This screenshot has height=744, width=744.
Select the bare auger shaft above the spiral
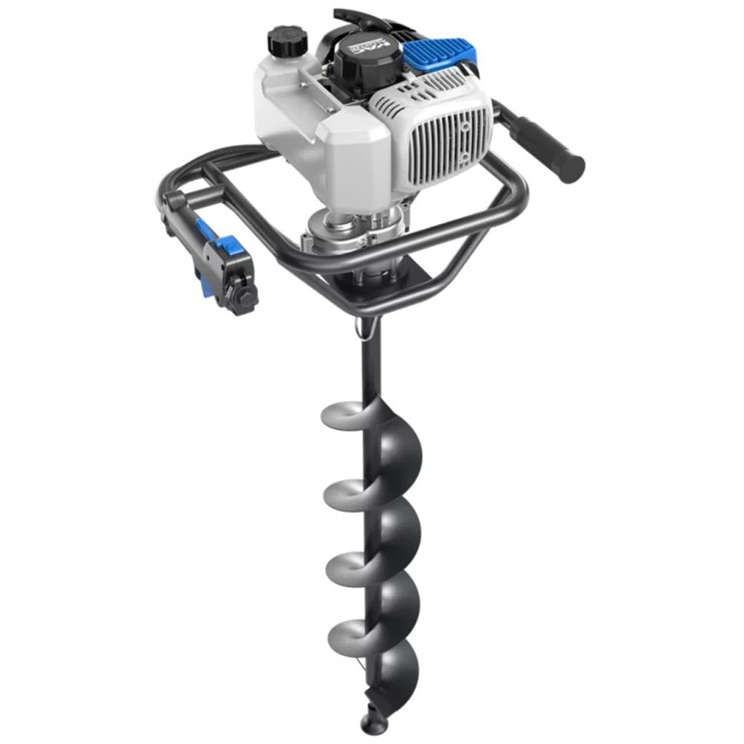(370, 365)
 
